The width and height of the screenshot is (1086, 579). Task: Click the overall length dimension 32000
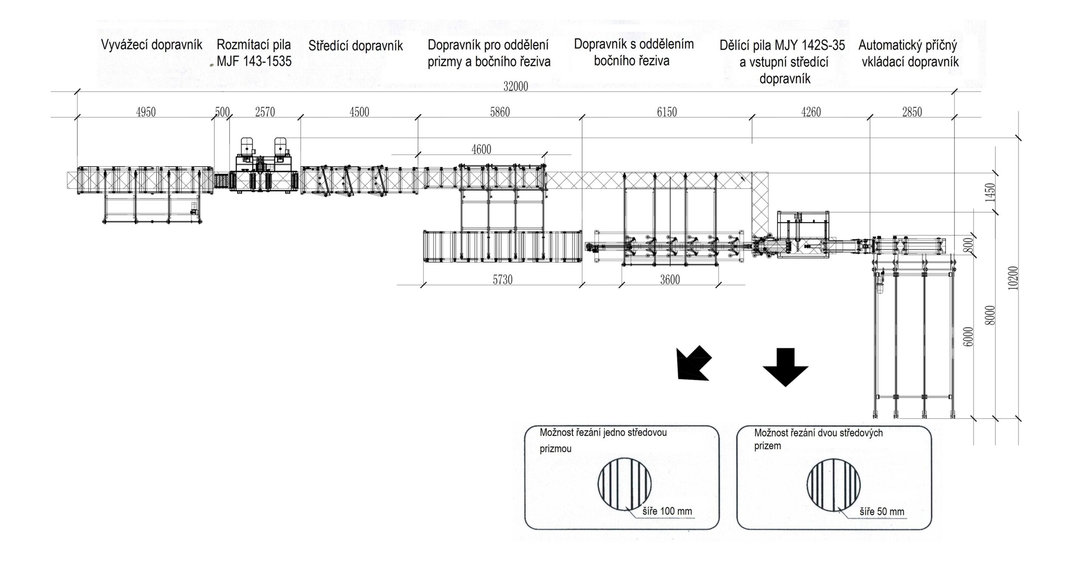515,87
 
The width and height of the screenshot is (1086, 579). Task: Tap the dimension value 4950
146,112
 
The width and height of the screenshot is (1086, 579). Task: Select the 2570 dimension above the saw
265,112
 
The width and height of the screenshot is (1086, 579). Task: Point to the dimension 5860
500,112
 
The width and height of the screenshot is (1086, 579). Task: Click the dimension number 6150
666,112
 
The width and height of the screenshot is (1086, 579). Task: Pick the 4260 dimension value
811,112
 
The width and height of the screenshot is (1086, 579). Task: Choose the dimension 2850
912,112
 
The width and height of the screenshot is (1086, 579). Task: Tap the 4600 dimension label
481,149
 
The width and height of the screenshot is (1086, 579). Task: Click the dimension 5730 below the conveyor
502,280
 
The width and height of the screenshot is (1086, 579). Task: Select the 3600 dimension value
670,280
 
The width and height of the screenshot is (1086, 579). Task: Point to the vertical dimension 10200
1013,278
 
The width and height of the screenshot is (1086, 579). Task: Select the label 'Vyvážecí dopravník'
151,45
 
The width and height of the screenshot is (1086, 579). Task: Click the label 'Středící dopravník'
355,46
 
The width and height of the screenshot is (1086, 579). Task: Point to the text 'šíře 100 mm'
667,511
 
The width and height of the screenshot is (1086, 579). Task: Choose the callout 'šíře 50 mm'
882,512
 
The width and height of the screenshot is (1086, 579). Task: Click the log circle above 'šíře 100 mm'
624,484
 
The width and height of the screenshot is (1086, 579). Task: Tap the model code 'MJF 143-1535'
254,62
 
